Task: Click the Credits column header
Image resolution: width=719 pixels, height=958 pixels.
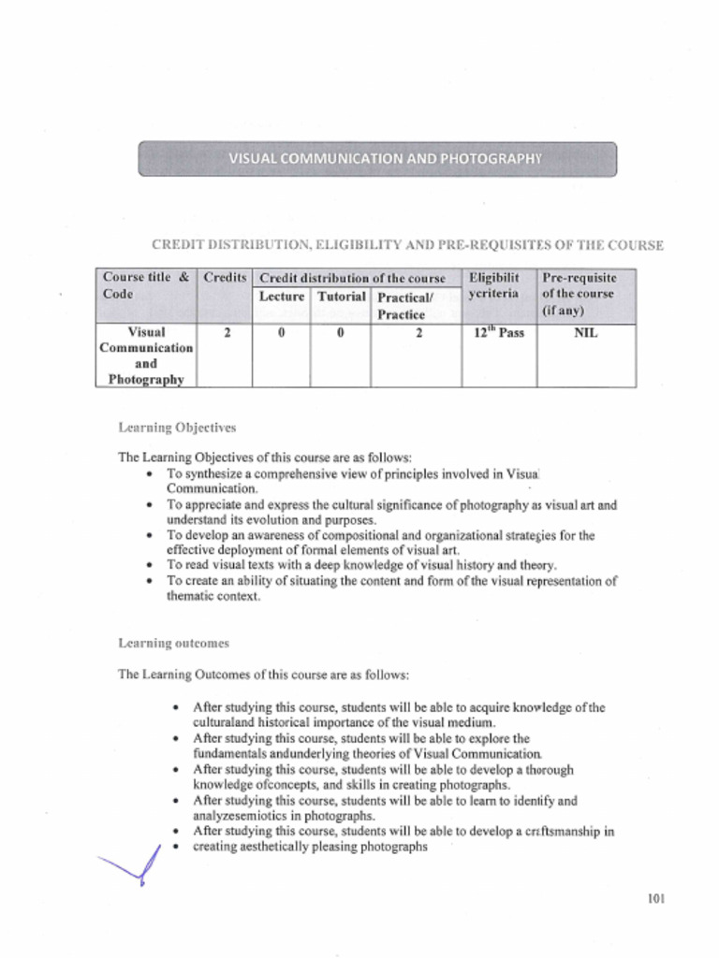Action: (225, 278)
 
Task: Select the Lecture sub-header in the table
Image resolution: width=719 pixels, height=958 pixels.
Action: (282, 297)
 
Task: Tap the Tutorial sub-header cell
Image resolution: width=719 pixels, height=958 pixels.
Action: (341, 297)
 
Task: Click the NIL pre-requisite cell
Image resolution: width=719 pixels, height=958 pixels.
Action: (585, 332)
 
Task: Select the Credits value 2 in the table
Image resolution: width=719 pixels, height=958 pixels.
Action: (227, 332)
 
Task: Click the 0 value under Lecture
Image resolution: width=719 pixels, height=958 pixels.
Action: (282, 332)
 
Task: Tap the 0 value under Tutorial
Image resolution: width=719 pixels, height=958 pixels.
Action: (340, 332)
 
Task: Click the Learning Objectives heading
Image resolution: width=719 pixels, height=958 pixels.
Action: (177, 428)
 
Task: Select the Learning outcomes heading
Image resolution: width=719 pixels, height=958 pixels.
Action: (173, 644)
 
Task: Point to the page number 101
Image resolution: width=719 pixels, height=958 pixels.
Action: (655, 899)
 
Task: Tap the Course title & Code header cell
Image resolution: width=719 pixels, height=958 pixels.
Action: (145, 285)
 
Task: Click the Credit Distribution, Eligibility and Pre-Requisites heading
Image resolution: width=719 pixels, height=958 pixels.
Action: (407, 245)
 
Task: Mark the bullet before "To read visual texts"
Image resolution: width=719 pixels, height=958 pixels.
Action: (152, 566)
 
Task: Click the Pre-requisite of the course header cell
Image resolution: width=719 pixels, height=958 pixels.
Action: (580, 294)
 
